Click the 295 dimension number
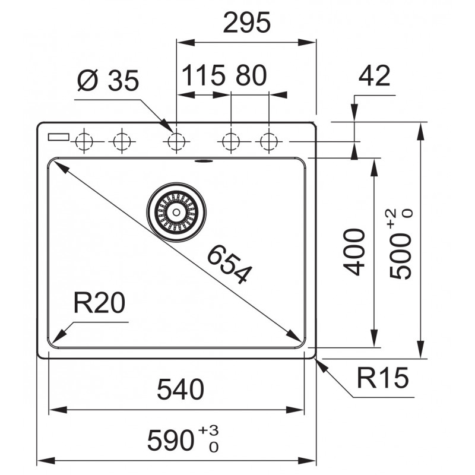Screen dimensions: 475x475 click(246, 23)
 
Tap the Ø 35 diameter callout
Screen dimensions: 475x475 click(108, 81)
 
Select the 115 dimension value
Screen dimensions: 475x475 click(204, 75)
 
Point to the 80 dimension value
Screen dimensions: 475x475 click(251, 75)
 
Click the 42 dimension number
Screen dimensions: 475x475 click(374, 76)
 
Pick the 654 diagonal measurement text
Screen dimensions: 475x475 click(229, 264)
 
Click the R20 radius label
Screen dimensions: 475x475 click(99, 303)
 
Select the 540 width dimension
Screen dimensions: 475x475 click(180, 389)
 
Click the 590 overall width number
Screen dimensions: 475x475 click(170, 441)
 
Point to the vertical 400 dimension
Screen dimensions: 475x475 click(353, 252)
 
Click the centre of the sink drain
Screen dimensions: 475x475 click(176, 212)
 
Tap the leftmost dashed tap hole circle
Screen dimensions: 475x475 click(84, 141)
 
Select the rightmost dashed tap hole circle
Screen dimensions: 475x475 click(269, 141)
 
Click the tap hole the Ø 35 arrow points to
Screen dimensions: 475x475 click(176, 141)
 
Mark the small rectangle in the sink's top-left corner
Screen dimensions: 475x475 click(59, 137)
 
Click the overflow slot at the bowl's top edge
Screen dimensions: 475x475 click(204, 160)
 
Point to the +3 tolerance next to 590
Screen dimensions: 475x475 click(208, 430)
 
